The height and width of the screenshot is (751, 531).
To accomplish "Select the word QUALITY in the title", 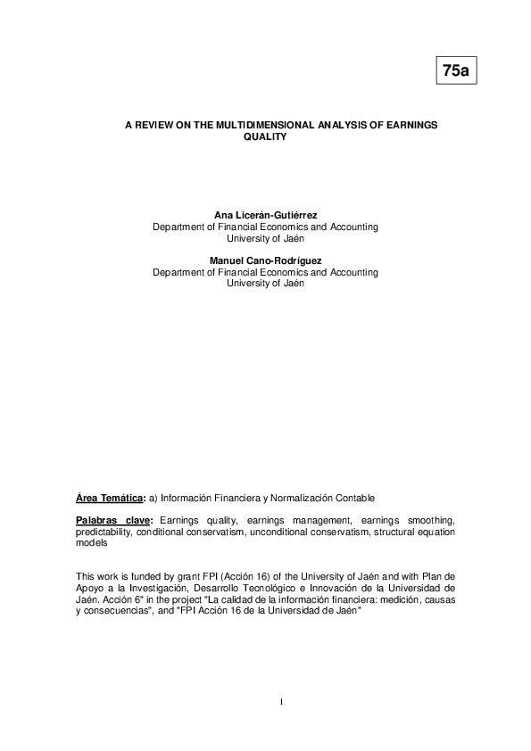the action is click(265, 138).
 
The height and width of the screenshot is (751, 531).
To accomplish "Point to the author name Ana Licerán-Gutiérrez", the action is click(265, 216).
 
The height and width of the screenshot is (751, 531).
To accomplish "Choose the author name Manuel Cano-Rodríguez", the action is click(265, 260).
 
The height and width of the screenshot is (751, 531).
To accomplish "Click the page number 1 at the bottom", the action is click(281, 703).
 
